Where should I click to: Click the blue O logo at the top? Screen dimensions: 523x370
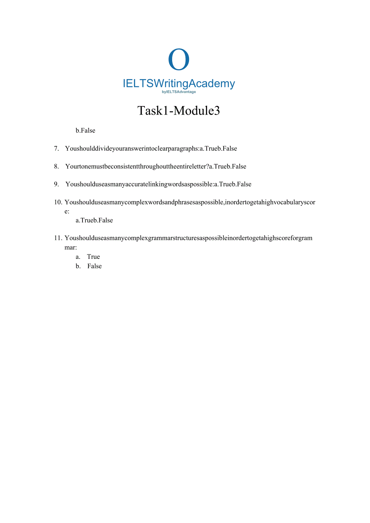click(179, 59)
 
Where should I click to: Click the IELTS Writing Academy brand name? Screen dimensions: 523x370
click(179, 84)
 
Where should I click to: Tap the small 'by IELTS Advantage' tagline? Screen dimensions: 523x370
click(179, 92)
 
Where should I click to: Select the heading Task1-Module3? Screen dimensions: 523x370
click(179, 111)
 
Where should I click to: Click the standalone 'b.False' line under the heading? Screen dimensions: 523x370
click(85, 131)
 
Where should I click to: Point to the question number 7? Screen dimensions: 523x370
click(56, 149)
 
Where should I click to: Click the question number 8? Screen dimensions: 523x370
click(56, 166)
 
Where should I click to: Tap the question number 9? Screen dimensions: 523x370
click(56, 185)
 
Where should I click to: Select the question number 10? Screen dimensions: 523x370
click(58, 202)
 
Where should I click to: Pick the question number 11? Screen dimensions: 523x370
click(58, 238)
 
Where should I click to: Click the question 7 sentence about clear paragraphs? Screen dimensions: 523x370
click(151, 149)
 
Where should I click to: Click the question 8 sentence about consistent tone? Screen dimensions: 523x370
click(156, 166)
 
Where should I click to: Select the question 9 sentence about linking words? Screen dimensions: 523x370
click(158, 185)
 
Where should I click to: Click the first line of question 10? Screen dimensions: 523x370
click(190, 202)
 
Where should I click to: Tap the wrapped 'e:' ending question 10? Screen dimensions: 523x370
click(67, 211)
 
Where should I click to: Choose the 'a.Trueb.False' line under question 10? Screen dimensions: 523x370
click(94, 220)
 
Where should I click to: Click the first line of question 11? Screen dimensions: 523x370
click(188, 238)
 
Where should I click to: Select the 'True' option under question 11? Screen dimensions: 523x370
click(93, 257)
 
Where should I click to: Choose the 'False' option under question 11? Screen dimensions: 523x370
click(95, 266)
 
